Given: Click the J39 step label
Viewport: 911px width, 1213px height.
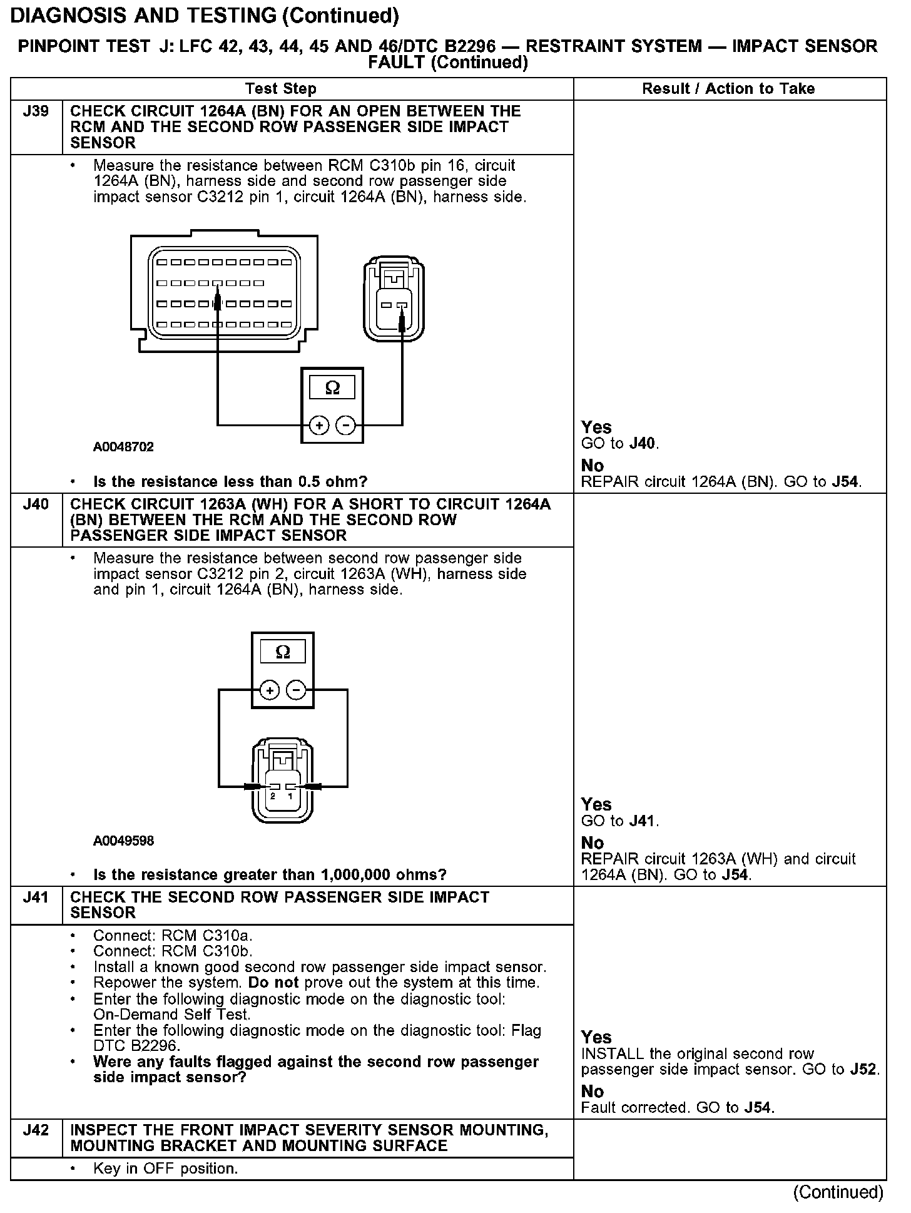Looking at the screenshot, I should [x=36, y=111].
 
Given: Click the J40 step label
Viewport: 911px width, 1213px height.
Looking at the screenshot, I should [x=36, y=504].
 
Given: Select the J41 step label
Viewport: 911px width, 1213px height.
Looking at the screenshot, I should [x=36, y=898].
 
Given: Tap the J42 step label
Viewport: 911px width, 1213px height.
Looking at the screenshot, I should [x=36, y=1130].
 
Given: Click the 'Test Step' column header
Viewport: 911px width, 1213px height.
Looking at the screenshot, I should [x=281, y=89].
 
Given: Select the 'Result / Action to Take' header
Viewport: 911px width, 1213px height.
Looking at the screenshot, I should [x=728, y=89].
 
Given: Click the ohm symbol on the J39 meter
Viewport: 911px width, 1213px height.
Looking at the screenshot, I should [x=332, y=388].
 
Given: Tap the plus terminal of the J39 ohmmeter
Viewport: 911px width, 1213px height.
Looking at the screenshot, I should [x=319, y=426].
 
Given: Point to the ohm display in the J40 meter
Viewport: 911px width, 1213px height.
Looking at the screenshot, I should [x=283, y=652].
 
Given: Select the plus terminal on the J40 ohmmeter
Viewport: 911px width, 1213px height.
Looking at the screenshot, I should [x=270, y=690].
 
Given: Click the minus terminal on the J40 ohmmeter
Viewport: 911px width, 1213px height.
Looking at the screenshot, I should [x=296, y=690].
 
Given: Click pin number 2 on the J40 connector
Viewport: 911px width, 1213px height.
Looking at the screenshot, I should [x=273, y=796].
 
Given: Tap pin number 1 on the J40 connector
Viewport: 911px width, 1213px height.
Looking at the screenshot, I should [x=290, y=796].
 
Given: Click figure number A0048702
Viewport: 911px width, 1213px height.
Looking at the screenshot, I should [x=123, y=447].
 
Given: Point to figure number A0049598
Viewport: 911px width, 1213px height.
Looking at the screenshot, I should [x=123, y=841].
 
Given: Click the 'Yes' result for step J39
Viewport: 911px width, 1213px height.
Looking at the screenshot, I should [x=596, y=427].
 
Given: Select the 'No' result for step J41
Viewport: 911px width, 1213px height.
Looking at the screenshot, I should [x=592, y=1092].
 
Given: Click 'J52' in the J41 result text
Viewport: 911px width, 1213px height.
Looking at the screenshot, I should [x=864, y=1069].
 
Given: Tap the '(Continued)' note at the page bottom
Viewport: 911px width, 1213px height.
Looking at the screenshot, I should [x=838, y=1192].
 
